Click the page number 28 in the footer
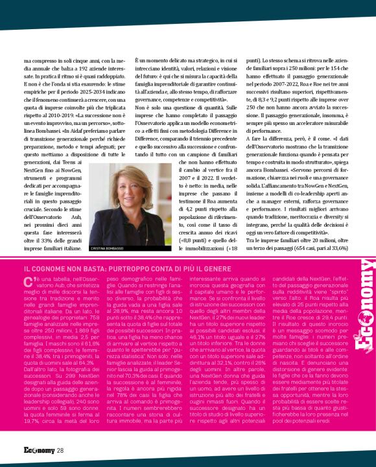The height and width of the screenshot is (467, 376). pos(60,450)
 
